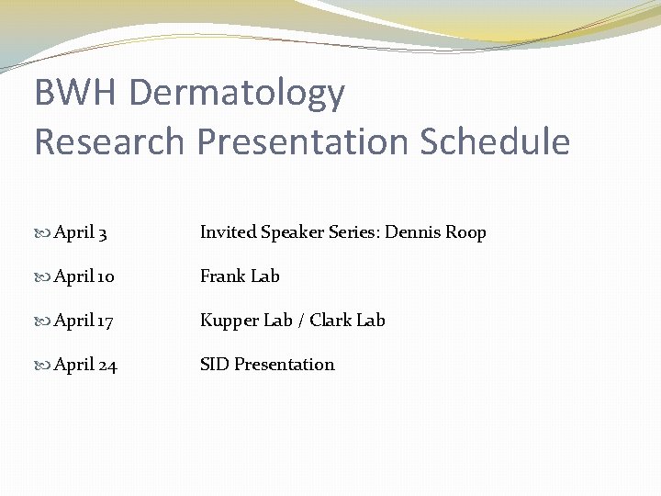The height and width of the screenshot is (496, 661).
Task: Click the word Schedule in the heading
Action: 495,142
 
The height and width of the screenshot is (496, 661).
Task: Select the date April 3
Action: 81,233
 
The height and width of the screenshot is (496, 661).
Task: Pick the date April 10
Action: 84,276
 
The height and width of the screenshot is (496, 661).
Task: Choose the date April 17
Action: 84,321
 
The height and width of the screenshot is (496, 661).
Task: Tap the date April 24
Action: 85,365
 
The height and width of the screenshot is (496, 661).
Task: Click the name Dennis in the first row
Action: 412,232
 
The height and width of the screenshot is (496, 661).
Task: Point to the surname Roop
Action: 465,232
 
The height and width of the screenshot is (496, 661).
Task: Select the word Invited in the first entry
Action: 228,232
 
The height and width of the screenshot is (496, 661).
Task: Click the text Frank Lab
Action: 240,276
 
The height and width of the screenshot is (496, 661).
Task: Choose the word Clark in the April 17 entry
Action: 330,321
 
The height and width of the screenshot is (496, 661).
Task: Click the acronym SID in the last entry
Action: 214,365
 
